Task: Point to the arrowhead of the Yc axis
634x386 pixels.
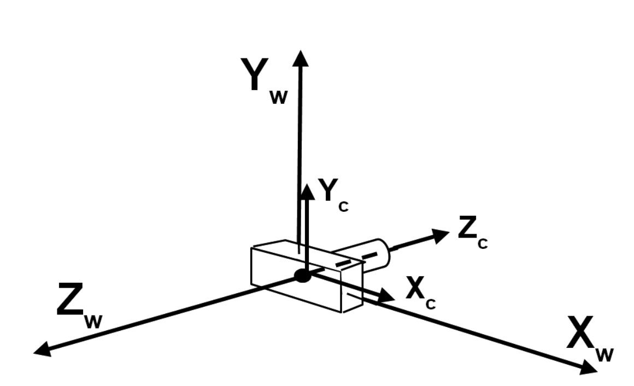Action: [x=308, y=192]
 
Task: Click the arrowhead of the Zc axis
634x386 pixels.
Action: [x=441, y=235]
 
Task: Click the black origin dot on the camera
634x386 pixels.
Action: [x=302, y=276]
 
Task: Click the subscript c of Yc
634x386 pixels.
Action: [x=343, y=206]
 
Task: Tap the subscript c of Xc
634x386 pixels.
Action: [x=431, y=304]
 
